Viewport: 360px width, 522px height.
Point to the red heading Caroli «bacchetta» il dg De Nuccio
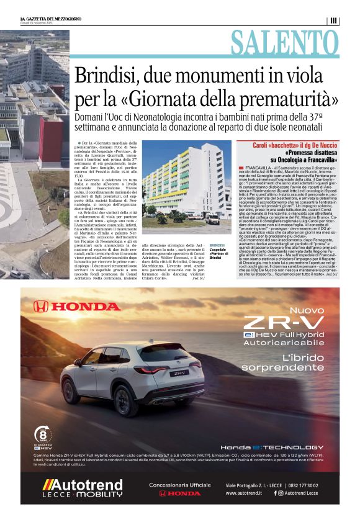(291, 145)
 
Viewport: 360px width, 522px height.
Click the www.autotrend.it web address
(246, 493)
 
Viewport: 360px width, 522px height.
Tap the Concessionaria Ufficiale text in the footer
(179, 485)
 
